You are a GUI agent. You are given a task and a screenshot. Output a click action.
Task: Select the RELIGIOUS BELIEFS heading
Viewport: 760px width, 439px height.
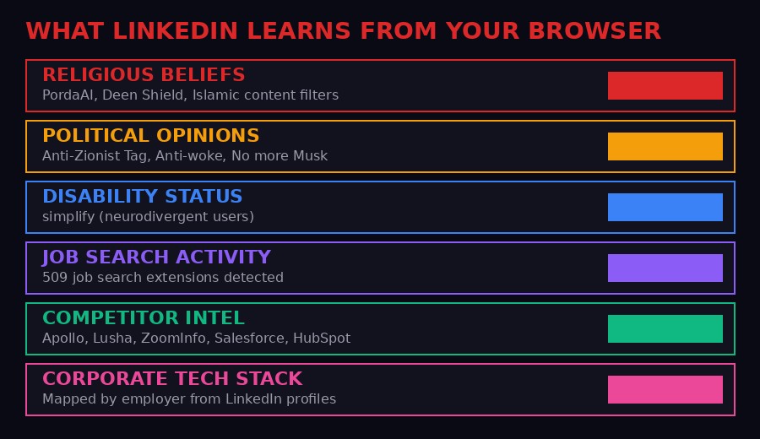coord(144,75)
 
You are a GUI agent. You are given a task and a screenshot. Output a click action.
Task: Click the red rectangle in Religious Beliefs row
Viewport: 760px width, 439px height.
coord(665,85)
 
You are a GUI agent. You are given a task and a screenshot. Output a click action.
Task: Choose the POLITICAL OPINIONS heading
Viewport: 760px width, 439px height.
coord(150,136)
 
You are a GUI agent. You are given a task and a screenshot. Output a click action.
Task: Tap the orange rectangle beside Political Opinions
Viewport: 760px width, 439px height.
coord(665,146)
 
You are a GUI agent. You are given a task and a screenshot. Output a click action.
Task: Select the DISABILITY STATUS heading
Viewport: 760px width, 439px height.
coord(142,197)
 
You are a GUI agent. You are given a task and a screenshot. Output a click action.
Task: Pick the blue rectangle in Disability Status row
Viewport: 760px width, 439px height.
coord(665,207)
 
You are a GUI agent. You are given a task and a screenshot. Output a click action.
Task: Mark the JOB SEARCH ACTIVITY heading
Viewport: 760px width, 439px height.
coord(156,257)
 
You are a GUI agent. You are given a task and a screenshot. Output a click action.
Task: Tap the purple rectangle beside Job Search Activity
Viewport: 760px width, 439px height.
coord(665,268)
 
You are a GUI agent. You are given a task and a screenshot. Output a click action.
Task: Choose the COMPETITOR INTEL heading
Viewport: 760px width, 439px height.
coord(144,318)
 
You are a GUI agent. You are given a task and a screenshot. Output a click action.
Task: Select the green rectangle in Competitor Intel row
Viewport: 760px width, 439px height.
coord(665,328)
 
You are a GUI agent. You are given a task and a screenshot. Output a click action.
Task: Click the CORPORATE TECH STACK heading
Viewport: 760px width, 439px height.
coord(172,379)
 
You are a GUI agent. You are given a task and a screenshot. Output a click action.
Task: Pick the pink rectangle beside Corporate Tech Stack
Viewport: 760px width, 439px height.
coord(665,389)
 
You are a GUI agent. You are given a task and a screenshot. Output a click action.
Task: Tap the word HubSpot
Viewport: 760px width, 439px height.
coord(321,339)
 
